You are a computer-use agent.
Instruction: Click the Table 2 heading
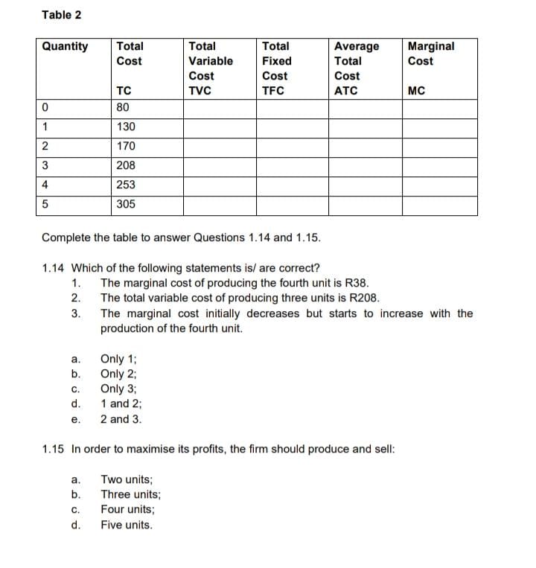[x=62, y=15]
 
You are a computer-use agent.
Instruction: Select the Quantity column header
[x=65, y=46]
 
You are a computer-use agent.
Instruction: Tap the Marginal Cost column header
[x=431, y=54]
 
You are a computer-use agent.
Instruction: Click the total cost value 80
[x=124, y=109]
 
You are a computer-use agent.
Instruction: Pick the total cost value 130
[x=127, y=128]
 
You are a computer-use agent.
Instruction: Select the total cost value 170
[x=127, y=147]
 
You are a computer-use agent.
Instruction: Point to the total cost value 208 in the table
[x=127, y=166]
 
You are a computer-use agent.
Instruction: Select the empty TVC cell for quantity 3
[x=220, y=166]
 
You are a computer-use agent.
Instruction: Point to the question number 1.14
[x=54, y=269]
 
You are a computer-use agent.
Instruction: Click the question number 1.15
[x=54, y=450]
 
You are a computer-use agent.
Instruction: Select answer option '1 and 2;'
[x=121, y=403]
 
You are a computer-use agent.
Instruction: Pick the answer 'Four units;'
[x=129, y=510]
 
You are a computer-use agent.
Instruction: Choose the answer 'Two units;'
[x=127, y=480]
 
